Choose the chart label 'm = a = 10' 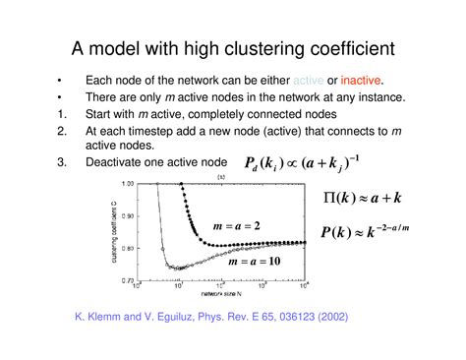point(251,263)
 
